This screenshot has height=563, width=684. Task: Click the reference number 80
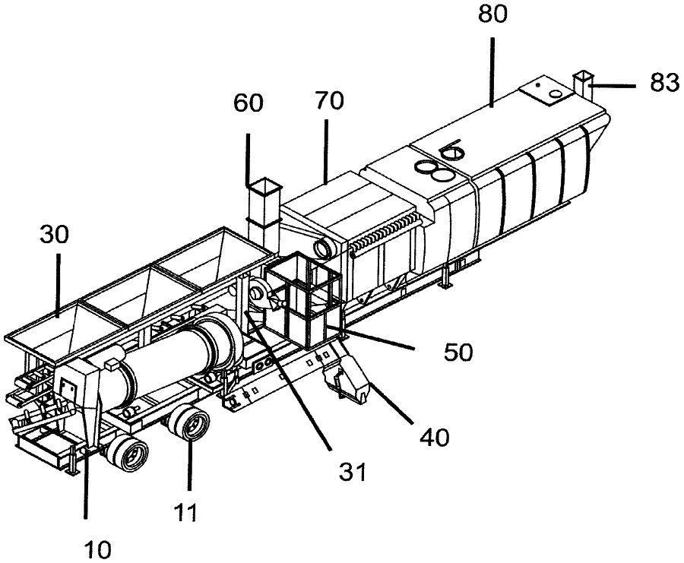click(x=492, y=14)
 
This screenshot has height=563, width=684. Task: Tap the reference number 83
click(x=664, y=82)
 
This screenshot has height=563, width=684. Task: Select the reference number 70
click(x=329, y=100)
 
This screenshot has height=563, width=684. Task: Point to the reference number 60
click(x=249, y=103)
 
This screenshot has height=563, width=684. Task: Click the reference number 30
click(x=54, y=235)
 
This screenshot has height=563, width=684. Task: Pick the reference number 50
click(x=458, y=352)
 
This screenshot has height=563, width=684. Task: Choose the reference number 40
click(x=435, y=436)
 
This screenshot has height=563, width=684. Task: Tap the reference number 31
click(x=353, y=472)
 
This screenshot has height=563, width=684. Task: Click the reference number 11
click(x=186, y=512)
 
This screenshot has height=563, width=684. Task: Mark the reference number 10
click(x=98, y=550)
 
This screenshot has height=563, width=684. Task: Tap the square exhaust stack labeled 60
click(x=264, y=213)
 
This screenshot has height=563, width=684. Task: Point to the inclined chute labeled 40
click(x=347, y=371)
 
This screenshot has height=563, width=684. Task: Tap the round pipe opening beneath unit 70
click(x=323, y=247)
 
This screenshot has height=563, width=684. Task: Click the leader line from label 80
click(x=492, y=72)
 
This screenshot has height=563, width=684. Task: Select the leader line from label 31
click(x=288, y=380)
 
